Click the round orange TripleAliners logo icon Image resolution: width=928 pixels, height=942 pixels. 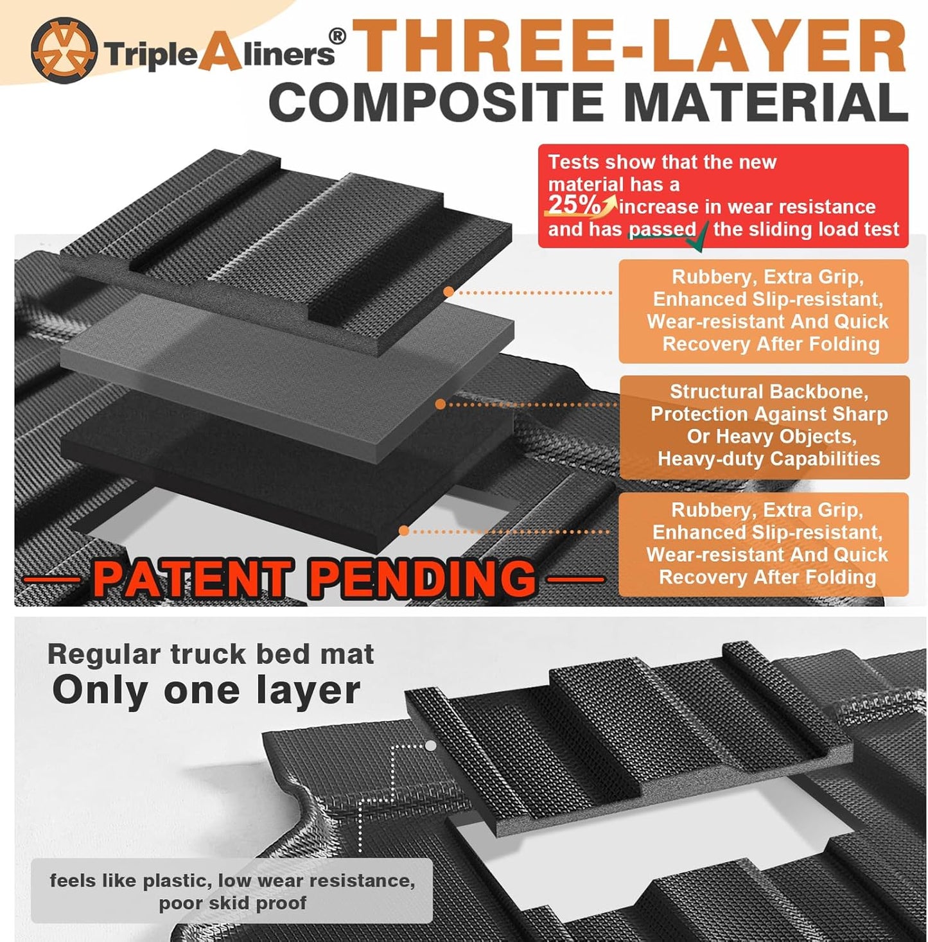point(64,50)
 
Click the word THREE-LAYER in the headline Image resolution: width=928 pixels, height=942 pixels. point(629,46)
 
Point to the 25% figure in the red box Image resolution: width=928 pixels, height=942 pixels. point(573,205)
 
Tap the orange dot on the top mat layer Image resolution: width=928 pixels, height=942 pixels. point(449,292)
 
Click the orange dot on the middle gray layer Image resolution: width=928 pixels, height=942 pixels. point(441,404)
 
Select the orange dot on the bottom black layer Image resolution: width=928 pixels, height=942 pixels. point(404,530)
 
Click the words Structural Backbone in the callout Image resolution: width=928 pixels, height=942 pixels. point(769,392)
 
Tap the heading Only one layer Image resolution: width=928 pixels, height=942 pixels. point(206,690)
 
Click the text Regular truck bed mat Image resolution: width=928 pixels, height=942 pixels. point(211,654)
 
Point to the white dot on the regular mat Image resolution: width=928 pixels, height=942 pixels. point(431,746)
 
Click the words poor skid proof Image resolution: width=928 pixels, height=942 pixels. point(232,903)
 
